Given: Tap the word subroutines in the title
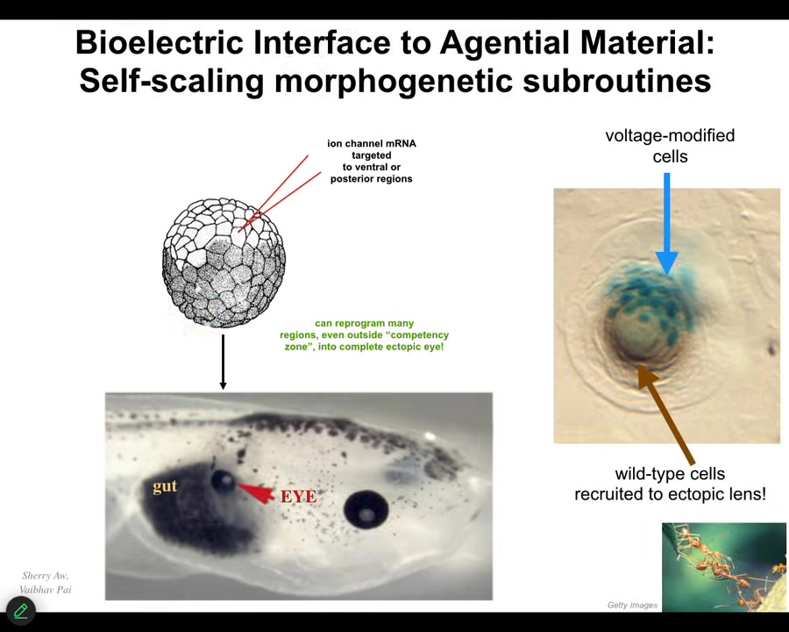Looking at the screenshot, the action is pos(617,80).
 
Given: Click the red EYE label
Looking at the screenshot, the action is pos(298,497).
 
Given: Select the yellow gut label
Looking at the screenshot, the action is pos(165,487).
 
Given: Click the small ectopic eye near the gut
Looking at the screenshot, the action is pos(223,481).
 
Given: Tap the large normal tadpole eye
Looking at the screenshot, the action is pos(366,509).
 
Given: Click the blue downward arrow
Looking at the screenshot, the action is pos(667,224).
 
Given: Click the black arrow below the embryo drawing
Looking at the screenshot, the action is pos(223,362).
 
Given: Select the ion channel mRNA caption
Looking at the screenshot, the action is pos(372,162).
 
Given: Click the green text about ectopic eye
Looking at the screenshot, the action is pos(365,335).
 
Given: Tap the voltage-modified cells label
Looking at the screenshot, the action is pos(670,146).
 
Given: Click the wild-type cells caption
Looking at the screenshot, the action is pos(671,484).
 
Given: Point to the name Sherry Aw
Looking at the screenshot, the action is pos(46,576).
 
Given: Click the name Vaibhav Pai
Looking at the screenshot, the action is pos(46,590).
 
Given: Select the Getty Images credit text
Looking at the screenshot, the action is pos(632,605).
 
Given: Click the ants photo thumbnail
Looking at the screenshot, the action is pos(724,567).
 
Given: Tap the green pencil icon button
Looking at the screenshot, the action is pos(21,611).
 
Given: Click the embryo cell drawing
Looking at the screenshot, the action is pos(224,262).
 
